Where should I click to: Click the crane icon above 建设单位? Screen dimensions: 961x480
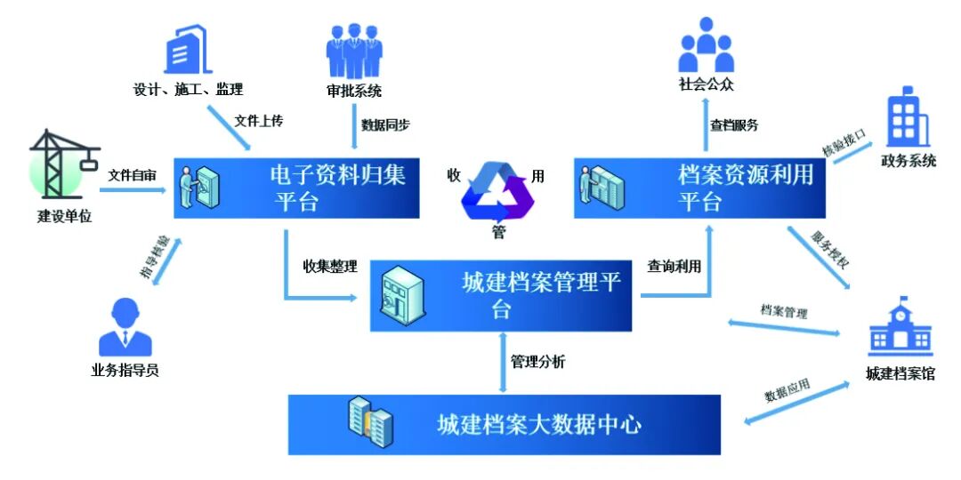64,164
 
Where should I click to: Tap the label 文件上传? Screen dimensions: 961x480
259,121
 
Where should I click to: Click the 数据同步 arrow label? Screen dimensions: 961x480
385,125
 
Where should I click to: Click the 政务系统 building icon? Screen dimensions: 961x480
909,117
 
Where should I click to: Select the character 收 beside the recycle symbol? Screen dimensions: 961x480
454,176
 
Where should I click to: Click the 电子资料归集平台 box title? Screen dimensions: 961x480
338,188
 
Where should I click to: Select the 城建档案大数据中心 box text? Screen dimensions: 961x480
539,425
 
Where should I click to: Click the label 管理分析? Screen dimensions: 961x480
538,362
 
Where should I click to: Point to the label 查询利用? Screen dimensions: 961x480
674,267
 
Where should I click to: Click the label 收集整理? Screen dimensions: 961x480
331,267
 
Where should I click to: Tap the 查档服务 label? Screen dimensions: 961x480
734,125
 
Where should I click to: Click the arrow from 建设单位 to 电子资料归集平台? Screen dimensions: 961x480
133,190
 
